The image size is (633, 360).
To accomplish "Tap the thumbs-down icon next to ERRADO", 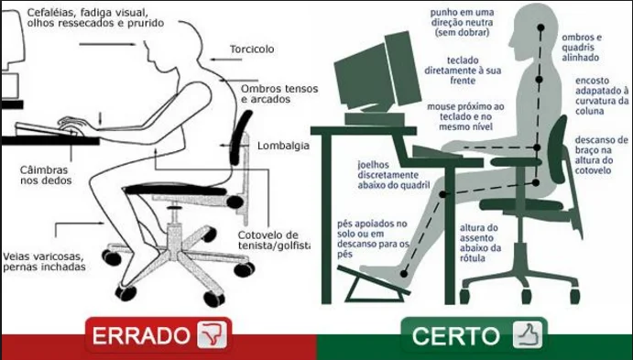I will click(212, 335).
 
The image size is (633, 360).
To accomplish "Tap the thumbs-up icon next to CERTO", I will click(526, 335).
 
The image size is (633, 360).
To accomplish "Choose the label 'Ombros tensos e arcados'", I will click(273, 95).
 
